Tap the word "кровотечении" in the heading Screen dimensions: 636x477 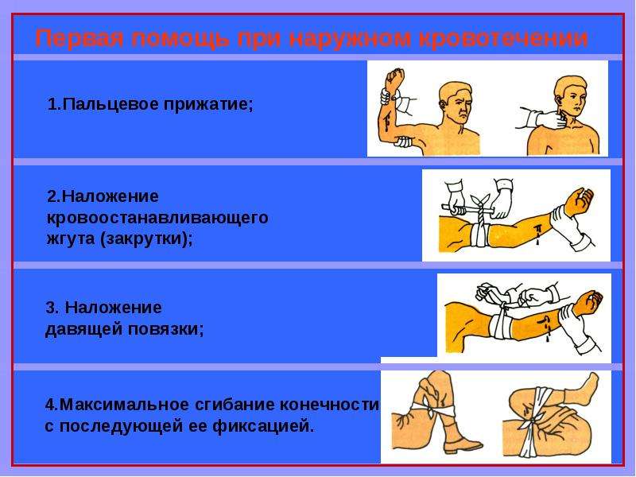[502, 39]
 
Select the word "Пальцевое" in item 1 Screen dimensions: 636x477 [111, 105]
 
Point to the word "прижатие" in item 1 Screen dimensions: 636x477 [206, 105]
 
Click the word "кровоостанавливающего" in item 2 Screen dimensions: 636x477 [157, 218]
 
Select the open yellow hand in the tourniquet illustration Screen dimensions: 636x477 [579, 202]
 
